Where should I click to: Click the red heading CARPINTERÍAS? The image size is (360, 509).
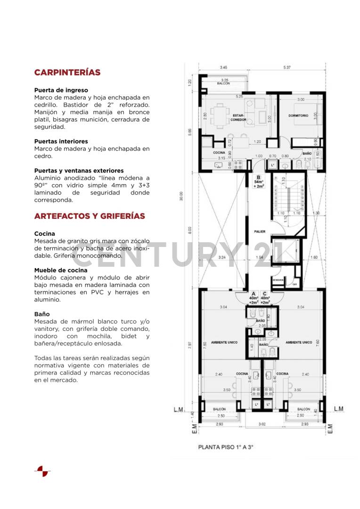click(67, 73)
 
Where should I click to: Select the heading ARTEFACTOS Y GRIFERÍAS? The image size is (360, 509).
click(90, 216)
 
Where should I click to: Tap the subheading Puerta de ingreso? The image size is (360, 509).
click(61, 90)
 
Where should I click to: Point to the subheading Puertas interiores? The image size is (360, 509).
click(61, 141)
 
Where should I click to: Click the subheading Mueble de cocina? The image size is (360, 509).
click(60, 271)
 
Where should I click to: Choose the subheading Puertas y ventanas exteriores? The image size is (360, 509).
click(79, 171)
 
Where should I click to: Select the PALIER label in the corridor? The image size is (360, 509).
click(260, 231)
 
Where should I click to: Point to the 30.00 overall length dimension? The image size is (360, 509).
click(181, 196)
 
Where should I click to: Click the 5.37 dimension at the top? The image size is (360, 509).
click(287, 67)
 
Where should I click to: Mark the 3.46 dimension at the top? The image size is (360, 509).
click(223, 67)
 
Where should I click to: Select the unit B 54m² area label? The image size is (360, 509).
click(258, 181)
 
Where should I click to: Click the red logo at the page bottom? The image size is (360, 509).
click(42, 471)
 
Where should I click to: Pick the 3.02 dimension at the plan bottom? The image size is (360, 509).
click(262, 424)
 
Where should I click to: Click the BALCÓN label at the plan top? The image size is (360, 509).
click(223, 83)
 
